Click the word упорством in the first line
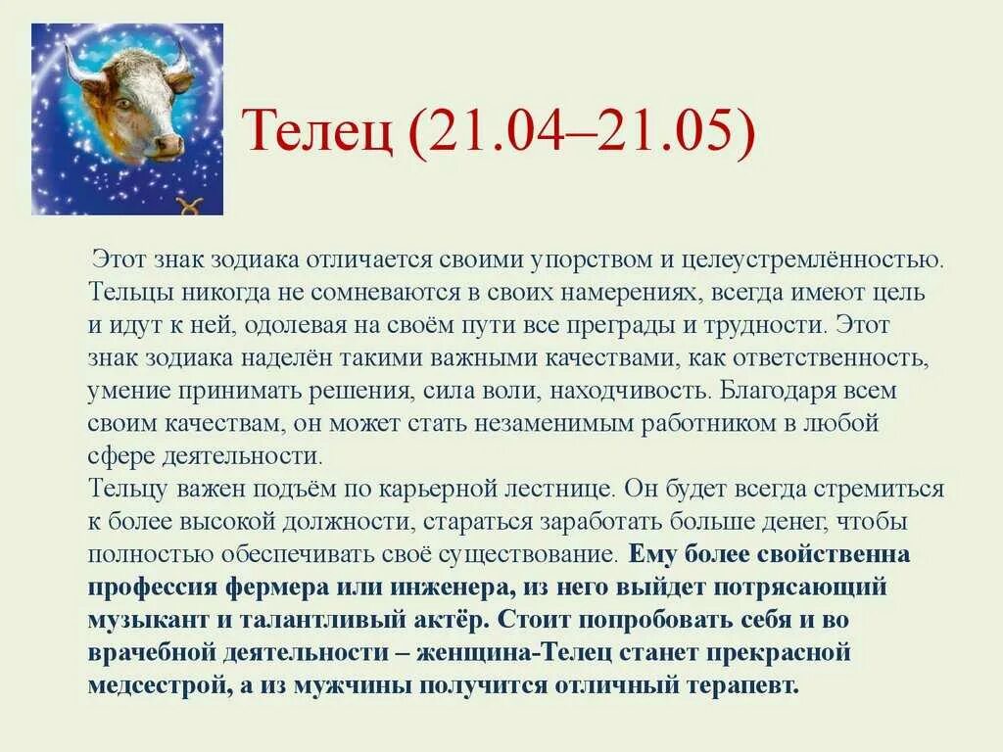pyautogui.click(x=587, y=260)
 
